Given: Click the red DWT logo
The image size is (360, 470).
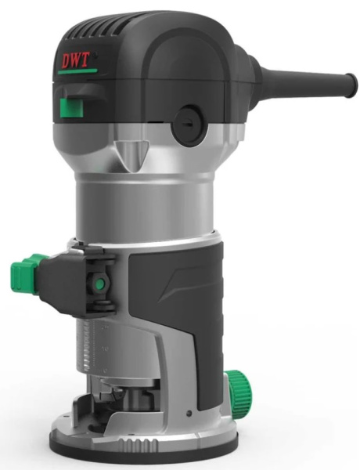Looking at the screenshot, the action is pos(75,60).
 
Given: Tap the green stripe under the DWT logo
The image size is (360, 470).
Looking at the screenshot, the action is pos(77,71).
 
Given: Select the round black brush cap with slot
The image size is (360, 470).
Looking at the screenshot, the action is pos(189,126).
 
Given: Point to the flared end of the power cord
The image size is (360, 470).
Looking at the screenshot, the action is pos(351,85).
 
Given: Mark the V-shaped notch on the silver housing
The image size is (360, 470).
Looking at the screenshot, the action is pos(131,156).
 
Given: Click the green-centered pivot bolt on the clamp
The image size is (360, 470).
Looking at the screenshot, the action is pos(99,284).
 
